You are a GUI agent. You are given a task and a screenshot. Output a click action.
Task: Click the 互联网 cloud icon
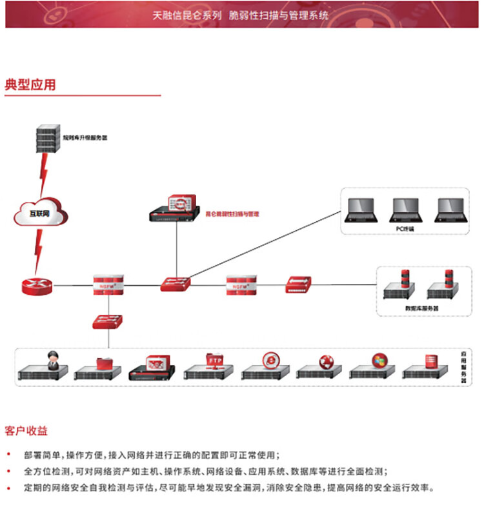pyautogui.click(x=41, y=213)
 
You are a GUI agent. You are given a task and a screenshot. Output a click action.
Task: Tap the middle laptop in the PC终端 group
pyautogui.click(x=405, y=210)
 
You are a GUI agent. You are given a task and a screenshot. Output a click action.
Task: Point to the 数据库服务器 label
pyautogui.click(x=421, y=308)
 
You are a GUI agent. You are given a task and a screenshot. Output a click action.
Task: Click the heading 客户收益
pyautogui.click(x=26, y=430)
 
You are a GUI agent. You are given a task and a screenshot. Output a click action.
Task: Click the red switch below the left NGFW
pyautogui.click(x=107, y=321)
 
